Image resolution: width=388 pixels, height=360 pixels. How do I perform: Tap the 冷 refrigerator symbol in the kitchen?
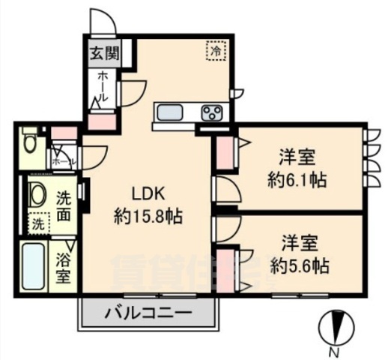point(216,51)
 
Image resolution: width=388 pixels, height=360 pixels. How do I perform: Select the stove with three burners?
point(211,112)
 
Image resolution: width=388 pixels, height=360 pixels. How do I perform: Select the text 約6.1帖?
point(297,181)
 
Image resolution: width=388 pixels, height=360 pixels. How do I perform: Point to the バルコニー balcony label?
point(149,311)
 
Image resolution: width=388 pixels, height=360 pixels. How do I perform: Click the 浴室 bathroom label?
point(64,268)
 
